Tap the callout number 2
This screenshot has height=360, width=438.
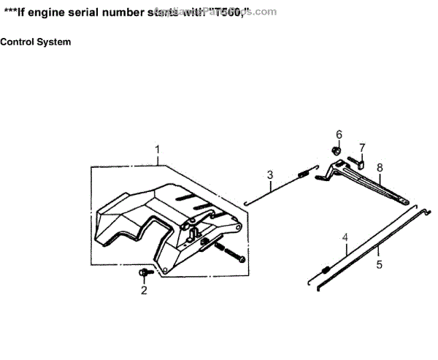(x=144, y=291)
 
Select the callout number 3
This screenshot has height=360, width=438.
(x=270, y=175)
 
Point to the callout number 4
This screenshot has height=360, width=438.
(x=345, y=237)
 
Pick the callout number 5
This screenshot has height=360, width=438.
(x=379, y=265)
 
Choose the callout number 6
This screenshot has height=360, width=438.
(x=339, y=134)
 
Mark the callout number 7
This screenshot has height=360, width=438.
(x=362, y=147)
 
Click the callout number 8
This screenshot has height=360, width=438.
(x=380, y=167)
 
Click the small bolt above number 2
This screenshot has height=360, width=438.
(x=143, y=272)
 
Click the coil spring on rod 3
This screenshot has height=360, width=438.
(x=301, y=174)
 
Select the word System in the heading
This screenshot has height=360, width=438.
(x=55, y=42)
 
